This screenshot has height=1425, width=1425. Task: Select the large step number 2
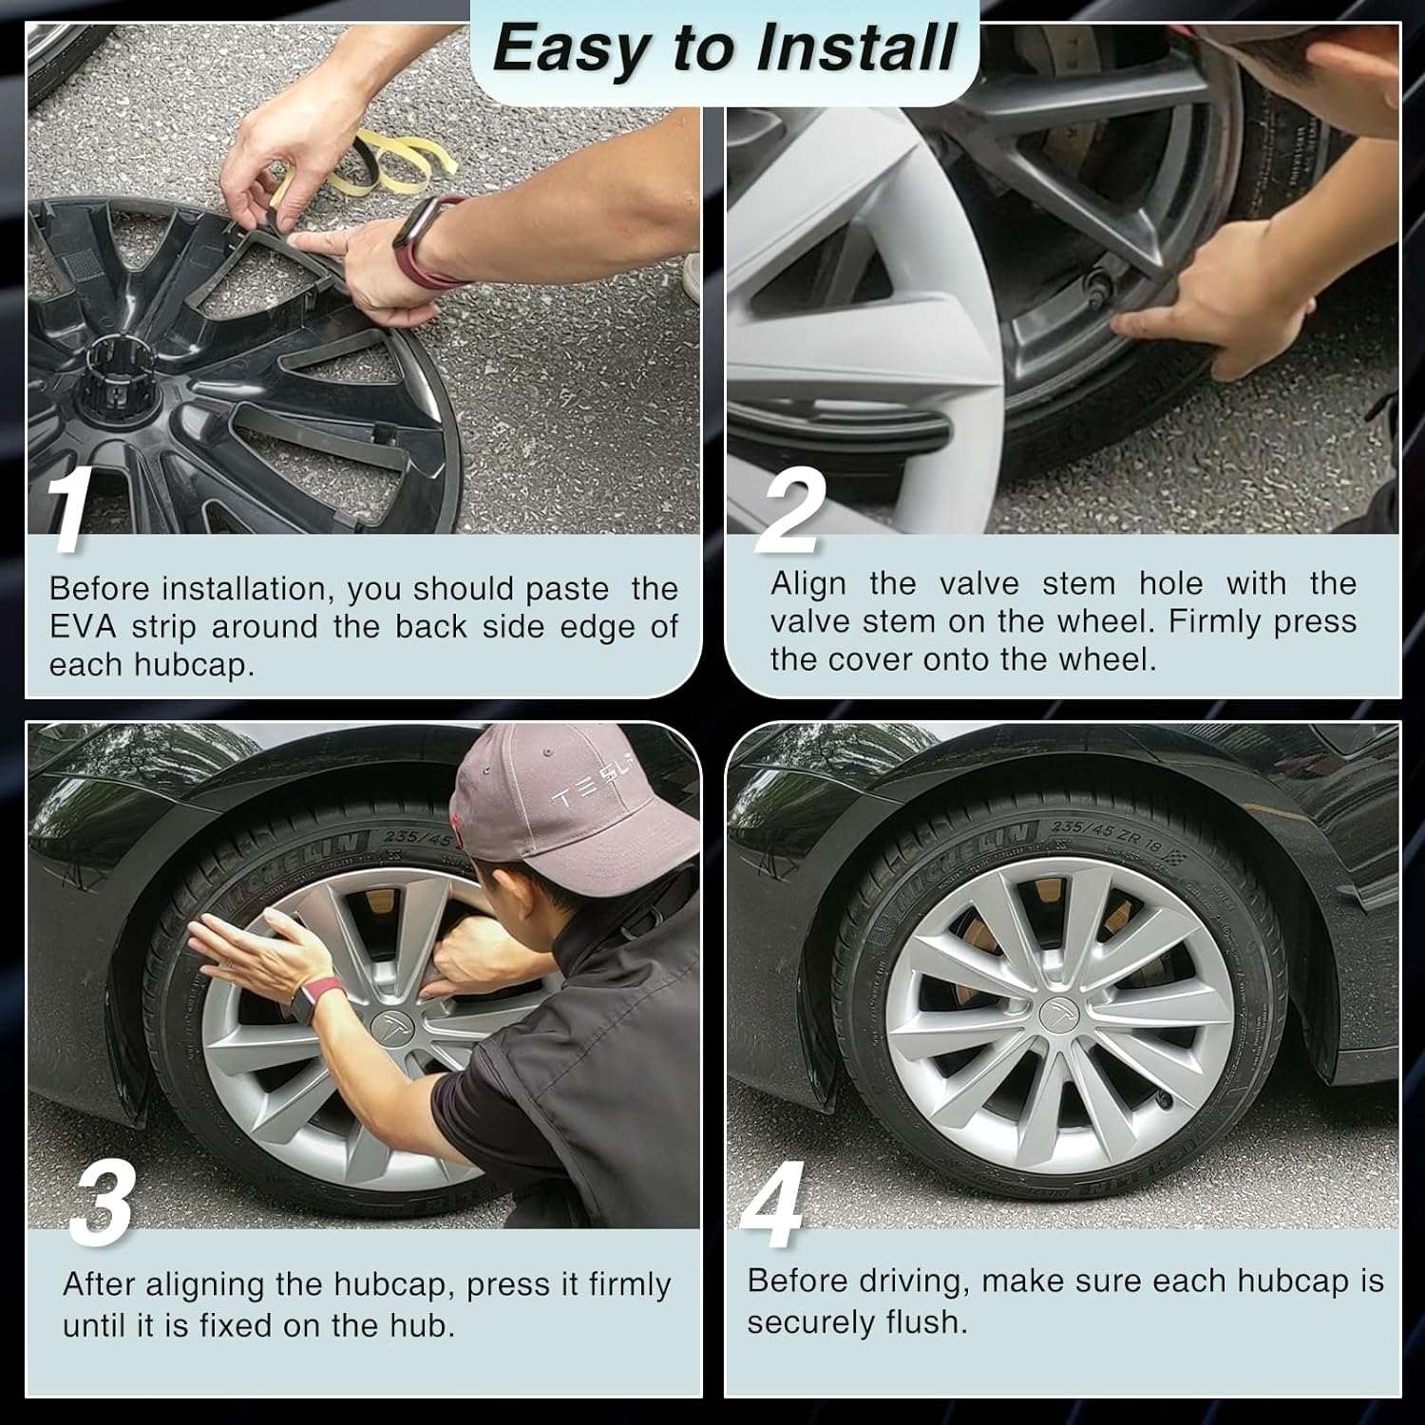coord(788,512)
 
